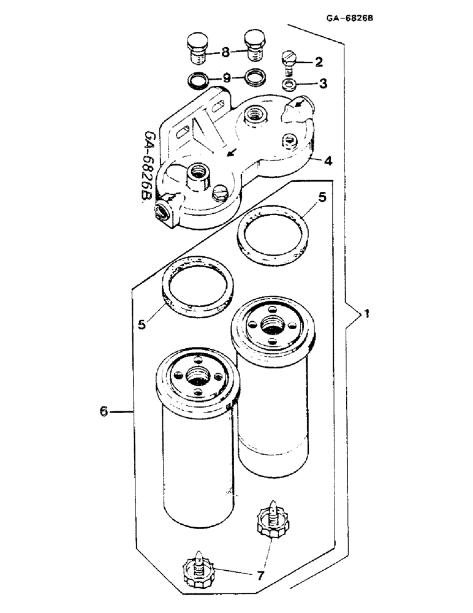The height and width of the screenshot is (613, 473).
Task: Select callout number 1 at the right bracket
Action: (x=366, y=314)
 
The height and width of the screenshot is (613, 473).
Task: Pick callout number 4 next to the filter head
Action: (x=328, y=161)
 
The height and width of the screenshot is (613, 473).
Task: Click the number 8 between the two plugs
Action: (x=225, y=53)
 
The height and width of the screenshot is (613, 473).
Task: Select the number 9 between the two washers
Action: (x=225, y=78)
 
